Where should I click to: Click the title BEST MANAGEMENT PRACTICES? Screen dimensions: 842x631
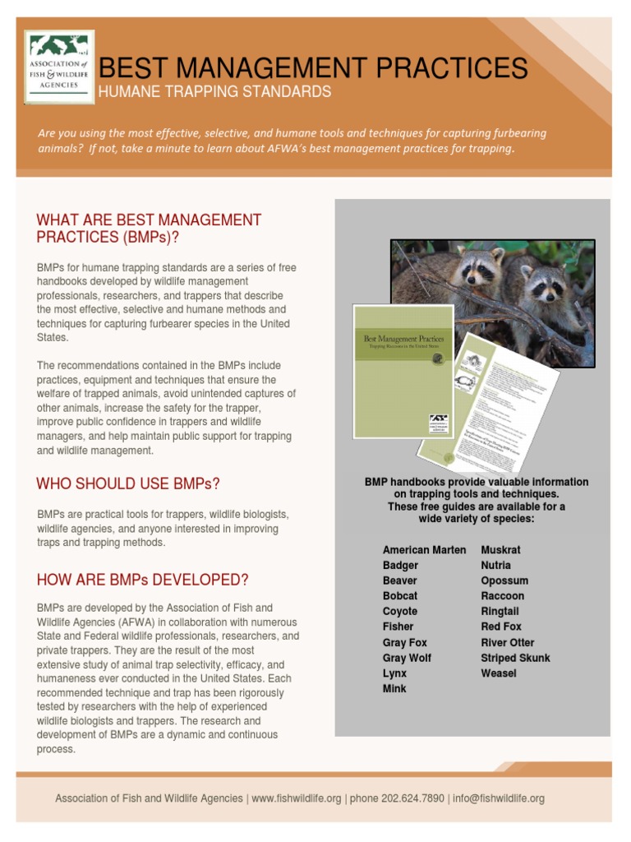pos(312,67)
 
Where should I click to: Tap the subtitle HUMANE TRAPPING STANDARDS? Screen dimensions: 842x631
pos(214,92)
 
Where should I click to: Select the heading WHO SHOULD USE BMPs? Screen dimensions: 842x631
pos(128,483)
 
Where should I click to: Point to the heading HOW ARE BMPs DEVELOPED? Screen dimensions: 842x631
pos(142,580)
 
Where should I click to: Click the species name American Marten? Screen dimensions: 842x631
pos(424,550)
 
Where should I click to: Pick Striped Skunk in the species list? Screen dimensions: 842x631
pos(515,658)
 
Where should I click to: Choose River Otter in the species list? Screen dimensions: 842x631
pos(507,642)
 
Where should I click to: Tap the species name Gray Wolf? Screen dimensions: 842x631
pos(407,658)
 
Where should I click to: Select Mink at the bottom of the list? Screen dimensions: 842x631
pos(394,688)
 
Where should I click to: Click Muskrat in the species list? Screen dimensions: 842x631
pos(500,550)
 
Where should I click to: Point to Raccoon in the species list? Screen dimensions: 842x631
pos(502,596)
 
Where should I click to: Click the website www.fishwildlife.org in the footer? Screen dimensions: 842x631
pos(296,798)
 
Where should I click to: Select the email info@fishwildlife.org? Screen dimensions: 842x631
pos(499,798)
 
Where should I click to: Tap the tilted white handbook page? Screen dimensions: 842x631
pos(493,395)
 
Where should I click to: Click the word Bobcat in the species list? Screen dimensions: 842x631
pos(400,596)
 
